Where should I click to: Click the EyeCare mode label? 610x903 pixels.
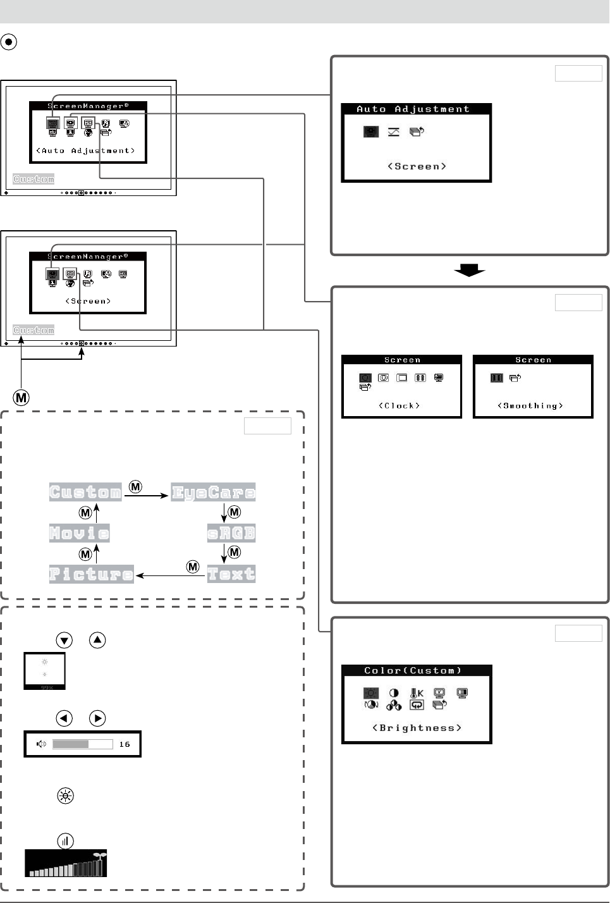pos(213,493)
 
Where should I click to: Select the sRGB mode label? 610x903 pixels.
pos(231,533)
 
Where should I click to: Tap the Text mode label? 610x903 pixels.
pos(231,574)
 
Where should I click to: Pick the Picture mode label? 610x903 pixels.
pos(92,574)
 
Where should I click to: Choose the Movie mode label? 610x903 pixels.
pos(80,533)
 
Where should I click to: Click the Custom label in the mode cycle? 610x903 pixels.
pos(85,493)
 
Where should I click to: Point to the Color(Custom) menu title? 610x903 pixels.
pos(413,670)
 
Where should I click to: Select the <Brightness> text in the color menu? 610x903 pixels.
pos(417,728)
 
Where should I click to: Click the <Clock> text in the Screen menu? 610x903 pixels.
pos(400,406)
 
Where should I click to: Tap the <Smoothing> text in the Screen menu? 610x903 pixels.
pos(530,406)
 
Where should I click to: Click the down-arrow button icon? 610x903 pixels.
pos(64,640)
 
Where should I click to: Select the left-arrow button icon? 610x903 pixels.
pos(64,718)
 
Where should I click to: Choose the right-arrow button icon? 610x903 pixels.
pos(97,718)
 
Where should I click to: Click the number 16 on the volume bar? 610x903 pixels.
pos(125,744)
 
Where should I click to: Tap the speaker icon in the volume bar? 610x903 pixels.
pos(42,744)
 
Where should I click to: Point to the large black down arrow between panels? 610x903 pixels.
pos(469,271)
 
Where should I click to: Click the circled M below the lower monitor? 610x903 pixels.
pos(21,398)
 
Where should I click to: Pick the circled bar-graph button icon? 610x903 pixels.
pos(65,841)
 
